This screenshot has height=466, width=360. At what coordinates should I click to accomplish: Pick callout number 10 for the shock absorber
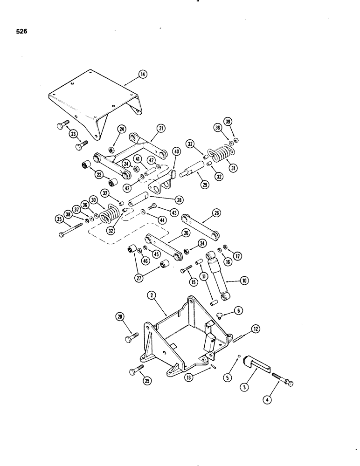[x=245, y=281]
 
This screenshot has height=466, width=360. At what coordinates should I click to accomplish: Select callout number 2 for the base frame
[x=151, y=295]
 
